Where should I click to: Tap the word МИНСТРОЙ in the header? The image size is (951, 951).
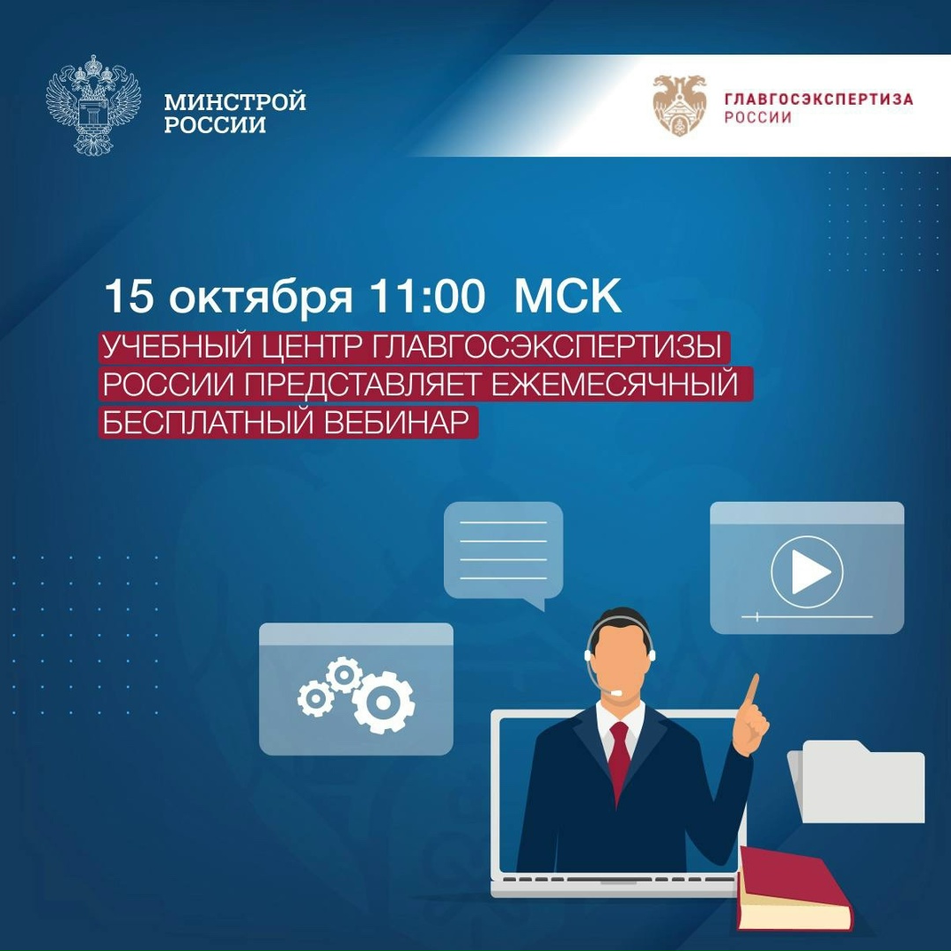click(234, 102)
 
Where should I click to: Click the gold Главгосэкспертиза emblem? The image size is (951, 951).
click(679, 105)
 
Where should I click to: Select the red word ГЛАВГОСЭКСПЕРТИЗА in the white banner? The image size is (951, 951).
click(818, 99)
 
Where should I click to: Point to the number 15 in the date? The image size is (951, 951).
click(129, 298)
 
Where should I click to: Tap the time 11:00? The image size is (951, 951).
click(427, 298)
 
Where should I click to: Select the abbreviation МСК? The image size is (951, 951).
click(568, 298)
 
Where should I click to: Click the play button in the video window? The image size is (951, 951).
click(807, 573)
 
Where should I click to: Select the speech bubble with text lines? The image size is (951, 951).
click(503, 550)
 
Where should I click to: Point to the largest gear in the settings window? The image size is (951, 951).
click(384, 702)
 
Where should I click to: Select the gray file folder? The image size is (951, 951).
click(859, 784)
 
